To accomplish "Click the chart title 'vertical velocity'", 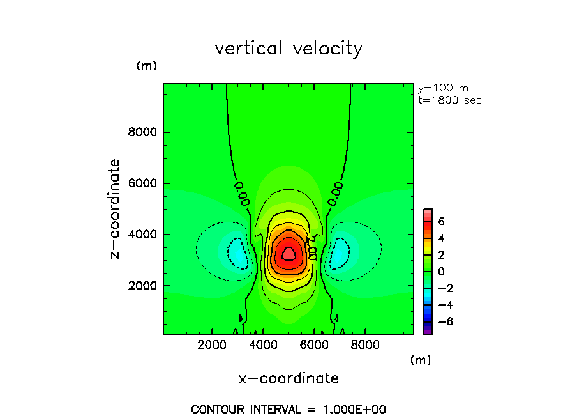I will click(288, 49).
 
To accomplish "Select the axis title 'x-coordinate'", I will click(288, 378).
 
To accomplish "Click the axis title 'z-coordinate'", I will click(116, 209).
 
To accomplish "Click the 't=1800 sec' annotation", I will click(449, 100).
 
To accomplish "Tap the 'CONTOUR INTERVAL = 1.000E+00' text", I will click(288, 409).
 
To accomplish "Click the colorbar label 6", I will click(441, 222).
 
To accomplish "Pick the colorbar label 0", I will click(441, 272).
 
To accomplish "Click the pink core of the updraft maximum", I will click(288, 254).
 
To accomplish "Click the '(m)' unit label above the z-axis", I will click(146, 66).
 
